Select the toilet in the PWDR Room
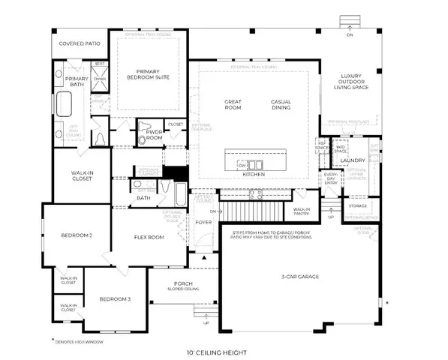(146, 127)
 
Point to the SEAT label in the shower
(98, 64)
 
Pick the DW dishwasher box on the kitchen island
(242, 164)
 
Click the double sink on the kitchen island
(257, 164)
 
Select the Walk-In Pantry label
(302, 212)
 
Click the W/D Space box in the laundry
(340, 150)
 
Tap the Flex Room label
(149, 238)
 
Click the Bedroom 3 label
(116, 299)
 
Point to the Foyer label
(200, 222)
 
